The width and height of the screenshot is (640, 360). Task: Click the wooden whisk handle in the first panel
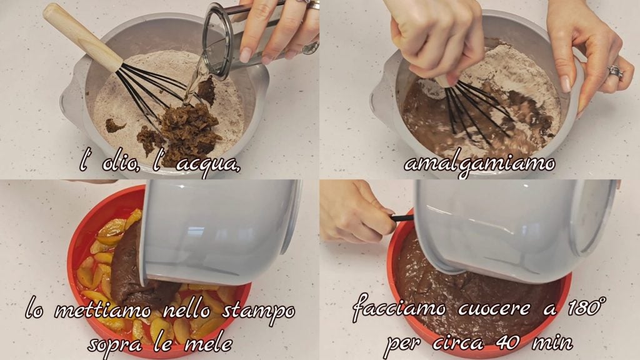[82, 37]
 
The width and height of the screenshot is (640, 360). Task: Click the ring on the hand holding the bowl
[615, 71]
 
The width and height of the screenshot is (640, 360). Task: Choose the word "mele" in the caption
[209, 344]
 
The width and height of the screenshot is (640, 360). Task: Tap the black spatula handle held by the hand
[402, 218]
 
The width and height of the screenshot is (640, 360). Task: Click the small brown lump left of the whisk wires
[115, 125]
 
